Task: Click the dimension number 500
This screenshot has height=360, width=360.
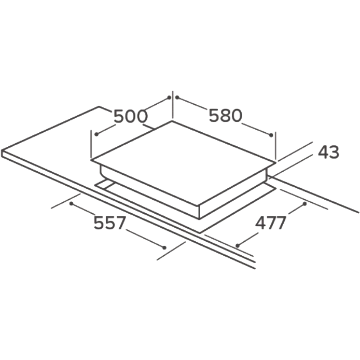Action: coord(130,116)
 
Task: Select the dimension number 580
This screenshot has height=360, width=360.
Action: coord(226,115)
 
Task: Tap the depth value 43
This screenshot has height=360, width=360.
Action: coord(328,152)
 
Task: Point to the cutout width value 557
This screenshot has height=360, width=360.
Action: coord(110,223)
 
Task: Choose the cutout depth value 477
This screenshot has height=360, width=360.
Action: coord(271,223)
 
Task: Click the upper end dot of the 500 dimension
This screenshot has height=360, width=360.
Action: coord(169,98)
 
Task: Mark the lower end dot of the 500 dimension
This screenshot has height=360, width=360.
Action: coord(96,134)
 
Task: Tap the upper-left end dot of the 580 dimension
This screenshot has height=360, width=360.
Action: coord(177,98)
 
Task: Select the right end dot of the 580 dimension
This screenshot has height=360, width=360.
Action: coord(271,135)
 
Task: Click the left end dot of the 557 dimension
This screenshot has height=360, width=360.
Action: coord(72,203)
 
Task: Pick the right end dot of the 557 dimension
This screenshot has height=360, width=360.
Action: coord(164,247)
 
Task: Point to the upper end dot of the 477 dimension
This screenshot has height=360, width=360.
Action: coord(305,204)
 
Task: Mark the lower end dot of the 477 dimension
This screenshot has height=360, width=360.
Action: coord(238,246)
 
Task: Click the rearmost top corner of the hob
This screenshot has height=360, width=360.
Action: coord(172,121)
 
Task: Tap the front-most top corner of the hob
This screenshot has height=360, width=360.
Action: coord(199,206)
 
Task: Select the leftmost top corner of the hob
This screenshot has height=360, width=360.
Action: coord(91,160)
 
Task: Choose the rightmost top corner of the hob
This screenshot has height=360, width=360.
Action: coord(276,163)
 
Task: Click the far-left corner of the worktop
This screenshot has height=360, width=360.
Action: coord(2,151)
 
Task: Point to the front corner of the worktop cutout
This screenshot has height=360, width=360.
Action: coord(200,233)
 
